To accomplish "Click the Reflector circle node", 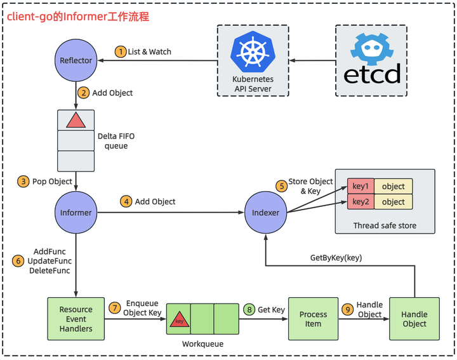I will (x=76, y=60).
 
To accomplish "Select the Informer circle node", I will (x=76, y=212).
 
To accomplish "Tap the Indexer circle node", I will (x=265, y=212).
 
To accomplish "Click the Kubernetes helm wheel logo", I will (x=252, y=52).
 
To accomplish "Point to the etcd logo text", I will (x=372, y=74).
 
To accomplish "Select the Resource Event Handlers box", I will (x=76, y=319).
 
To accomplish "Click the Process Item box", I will (x=313, y=319).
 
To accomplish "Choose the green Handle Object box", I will (x=414, y=319).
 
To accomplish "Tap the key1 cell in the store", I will (x=360, y=186).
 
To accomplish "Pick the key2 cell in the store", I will (x=360, y=201).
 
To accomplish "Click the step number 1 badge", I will (x=119, y=51).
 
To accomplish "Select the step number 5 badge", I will (x=280, y=186).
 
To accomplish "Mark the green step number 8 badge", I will (x=249, y=309).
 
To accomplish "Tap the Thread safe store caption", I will (x=385, y=225).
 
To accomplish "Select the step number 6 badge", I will (x=18, y=261).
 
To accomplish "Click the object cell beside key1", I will (x=394, y=186).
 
